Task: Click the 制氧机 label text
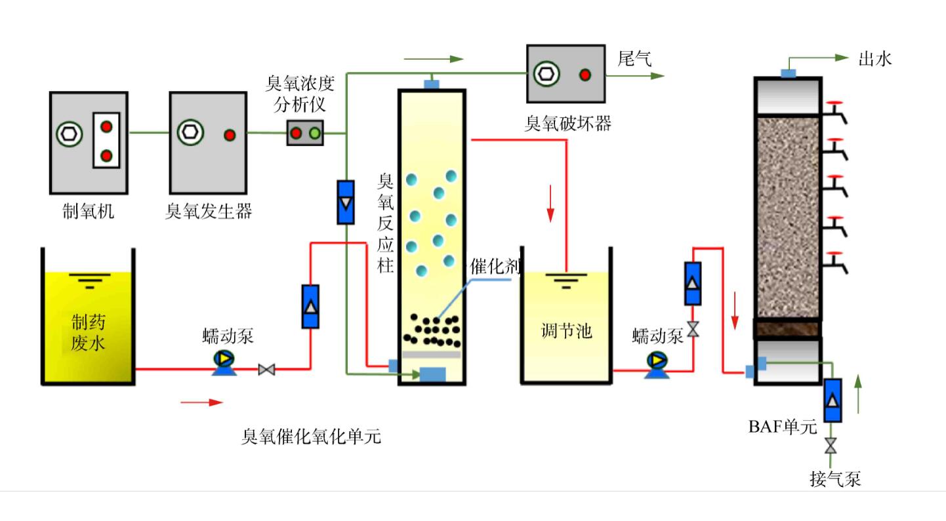click(88, 211)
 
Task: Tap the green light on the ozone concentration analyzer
click(314, 133)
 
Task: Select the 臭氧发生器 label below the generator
click(209, 211)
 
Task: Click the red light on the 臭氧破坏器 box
click(585, 74)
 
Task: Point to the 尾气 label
click(634, 59)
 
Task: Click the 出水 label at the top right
click(875, 59)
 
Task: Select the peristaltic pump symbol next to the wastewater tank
click(224, 360)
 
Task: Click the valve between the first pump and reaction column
click(266, 370)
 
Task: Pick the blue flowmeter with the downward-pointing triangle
click(344, 201)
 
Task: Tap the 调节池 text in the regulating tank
click(567, 331)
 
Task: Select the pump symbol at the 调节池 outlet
click(656, 361)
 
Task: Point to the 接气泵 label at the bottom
click(834, 480)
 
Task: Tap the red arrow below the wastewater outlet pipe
click(202, 402)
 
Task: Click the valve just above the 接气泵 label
click(831, 446)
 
